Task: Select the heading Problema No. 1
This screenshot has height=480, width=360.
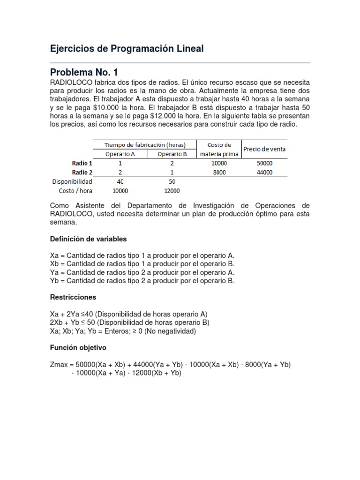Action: click(84, 72)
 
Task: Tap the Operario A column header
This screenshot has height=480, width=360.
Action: click(120, 154)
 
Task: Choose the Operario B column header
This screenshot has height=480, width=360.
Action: click(172, 154)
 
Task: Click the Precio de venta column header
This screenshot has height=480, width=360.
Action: click(264, 149)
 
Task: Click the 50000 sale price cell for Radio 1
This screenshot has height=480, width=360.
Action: click(264, 163)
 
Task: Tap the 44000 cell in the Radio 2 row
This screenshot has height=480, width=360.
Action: click(264, 172)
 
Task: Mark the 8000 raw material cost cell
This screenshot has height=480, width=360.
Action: click(219, 172)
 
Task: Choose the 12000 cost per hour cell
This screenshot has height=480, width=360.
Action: click(172, 191)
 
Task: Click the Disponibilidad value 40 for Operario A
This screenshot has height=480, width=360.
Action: click(120, 181)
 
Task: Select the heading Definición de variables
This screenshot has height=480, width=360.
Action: click(88, 239)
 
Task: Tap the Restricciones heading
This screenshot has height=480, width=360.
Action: click(73, 297)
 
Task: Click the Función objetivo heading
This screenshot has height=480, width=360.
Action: click(78, 348)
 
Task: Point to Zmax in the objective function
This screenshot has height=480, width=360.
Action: click(59, 365)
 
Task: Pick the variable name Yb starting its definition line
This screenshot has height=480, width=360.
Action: click(54, 281)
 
